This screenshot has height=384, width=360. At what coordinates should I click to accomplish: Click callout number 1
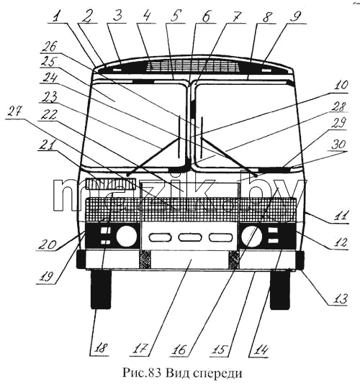[x=56, y=17]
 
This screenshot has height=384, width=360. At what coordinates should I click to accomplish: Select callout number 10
[x=341, y=86]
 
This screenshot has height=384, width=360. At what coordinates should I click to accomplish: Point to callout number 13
[x=340, y=298]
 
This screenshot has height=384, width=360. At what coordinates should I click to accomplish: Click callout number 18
[x=101, y=348]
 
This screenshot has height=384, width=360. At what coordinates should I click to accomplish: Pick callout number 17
[x=142, y=348]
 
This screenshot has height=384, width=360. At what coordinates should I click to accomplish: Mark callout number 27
[x=14, y=112]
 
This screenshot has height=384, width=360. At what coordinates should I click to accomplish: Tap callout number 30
[x=338, y=145]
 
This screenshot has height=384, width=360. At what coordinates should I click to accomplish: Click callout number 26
[x=49, y=47]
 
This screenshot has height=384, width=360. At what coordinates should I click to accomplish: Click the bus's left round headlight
[x=127, y=236]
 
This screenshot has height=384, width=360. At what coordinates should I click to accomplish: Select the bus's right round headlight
[x=251, y=236]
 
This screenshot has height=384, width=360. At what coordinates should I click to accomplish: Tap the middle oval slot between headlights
[x=190, y=237]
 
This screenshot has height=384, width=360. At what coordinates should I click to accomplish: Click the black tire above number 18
[x=101, y=289]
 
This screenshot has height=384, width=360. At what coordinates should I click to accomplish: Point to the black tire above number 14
[x=280, y=290]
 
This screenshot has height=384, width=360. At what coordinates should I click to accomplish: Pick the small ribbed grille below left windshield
[x=111, y=184]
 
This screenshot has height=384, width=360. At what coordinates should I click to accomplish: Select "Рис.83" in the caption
[x=142, y=372]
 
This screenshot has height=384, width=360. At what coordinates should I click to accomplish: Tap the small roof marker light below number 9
[x=266, y=70]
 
